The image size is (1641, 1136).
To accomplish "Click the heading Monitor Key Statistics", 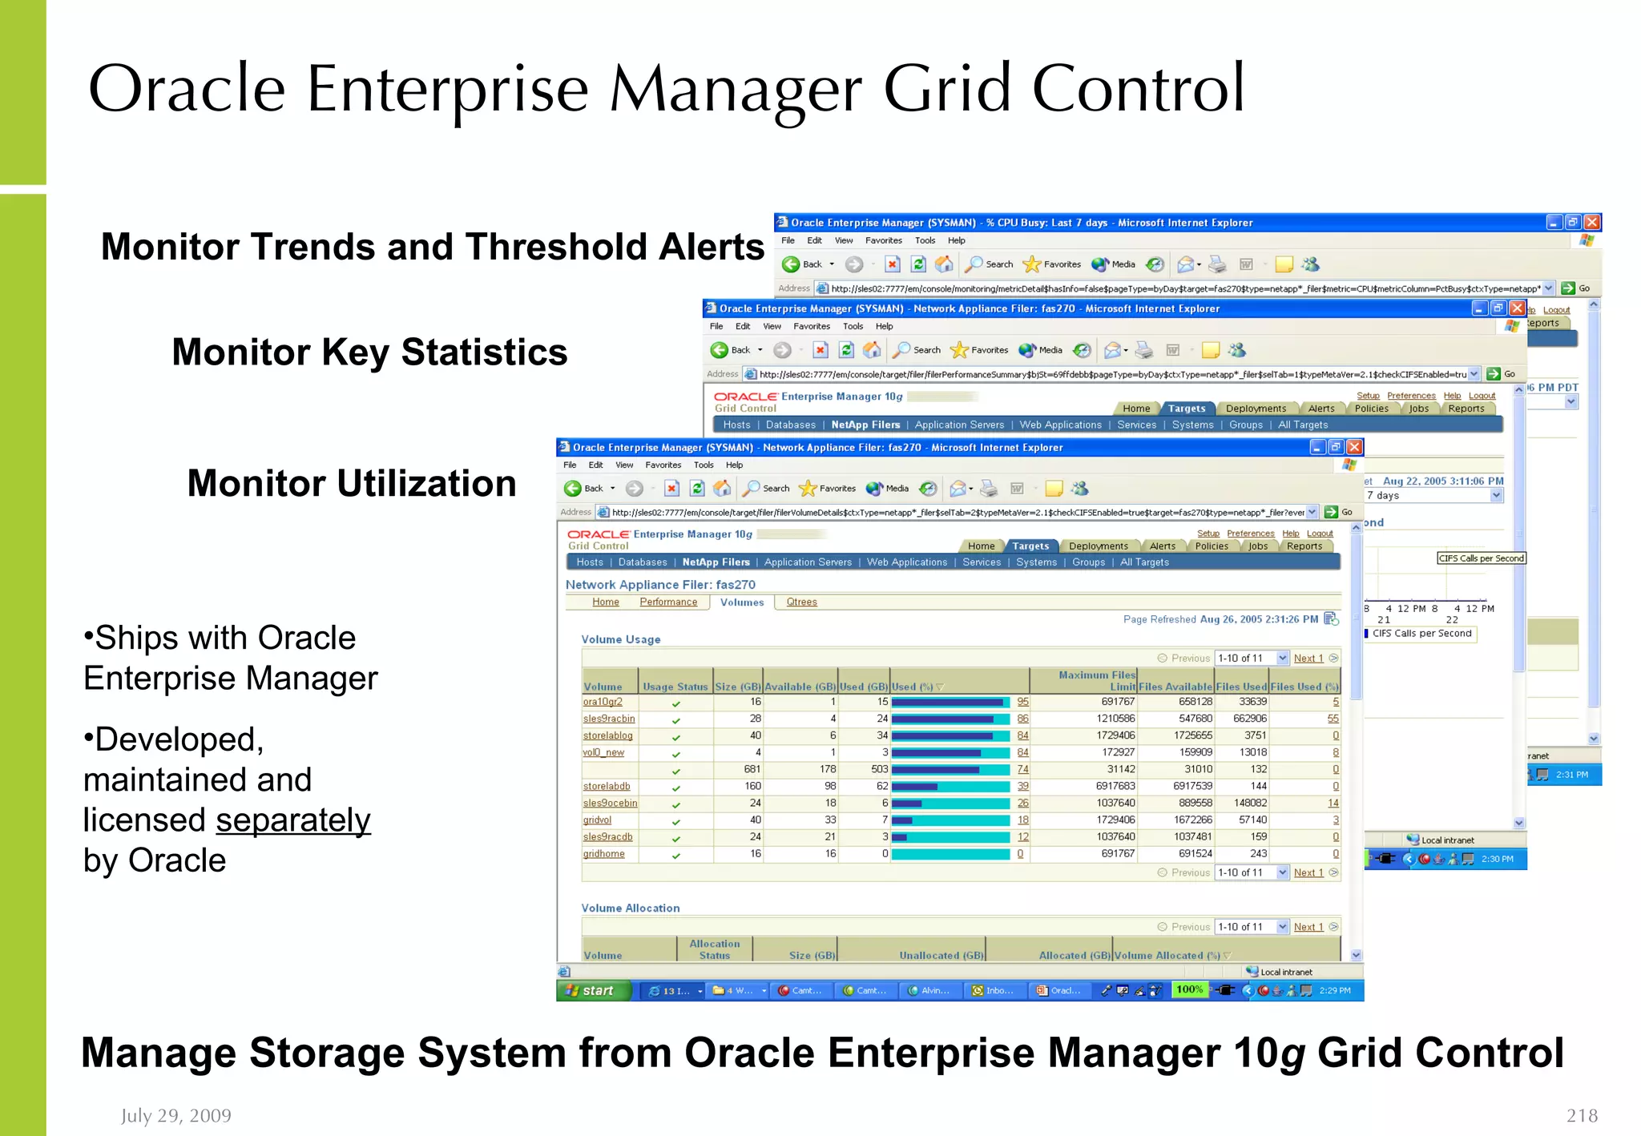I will [369, 352].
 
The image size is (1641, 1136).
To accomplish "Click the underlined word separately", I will [292, 820].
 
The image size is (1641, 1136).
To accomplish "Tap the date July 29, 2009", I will [175, 1115].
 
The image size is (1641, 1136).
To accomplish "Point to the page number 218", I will [1581, 1115].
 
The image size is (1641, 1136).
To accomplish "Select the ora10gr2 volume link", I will [603, 702].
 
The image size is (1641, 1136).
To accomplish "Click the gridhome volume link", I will [603, 854].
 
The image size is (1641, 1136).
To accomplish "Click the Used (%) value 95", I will [1022, 702].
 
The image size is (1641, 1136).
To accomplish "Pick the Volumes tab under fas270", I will [742, 602].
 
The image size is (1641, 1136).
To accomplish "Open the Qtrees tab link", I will [801, 602].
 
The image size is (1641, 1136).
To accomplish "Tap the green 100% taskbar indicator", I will [1189, 990].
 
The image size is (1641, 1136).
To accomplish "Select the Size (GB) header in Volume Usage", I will [737, 687].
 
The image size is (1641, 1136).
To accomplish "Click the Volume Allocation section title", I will [630, 908].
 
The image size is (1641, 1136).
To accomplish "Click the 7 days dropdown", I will [1433, 496].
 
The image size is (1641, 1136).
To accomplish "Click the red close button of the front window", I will [1354, 447].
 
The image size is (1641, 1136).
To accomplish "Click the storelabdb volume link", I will [607, 787].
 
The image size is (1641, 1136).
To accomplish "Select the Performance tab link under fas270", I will [668, 602].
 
